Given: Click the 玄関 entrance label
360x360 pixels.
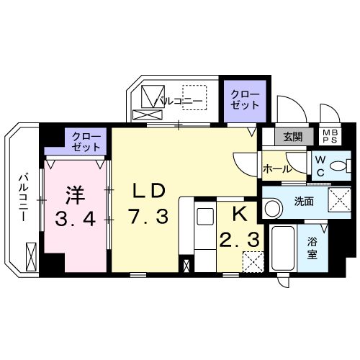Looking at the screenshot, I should tap(292, 137).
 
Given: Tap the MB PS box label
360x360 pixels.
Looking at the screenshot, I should tap(329, 137).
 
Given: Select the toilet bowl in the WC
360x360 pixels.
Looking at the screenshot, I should tap(335, 167).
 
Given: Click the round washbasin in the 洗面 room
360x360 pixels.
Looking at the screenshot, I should tap(273, 209).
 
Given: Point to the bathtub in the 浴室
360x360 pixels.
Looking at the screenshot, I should tap(282, 248).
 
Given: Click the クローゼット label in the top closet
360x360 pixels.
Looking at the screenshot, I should tap(243, 99).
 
